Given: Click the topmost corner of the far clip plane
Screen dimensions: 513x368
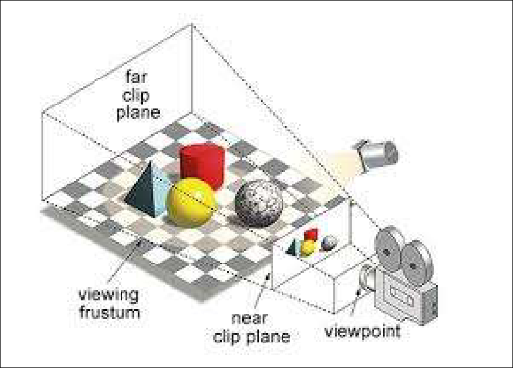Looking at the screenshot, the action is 191,24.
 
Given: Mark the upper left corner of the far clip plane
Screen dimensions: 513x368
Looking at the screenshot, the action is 42,113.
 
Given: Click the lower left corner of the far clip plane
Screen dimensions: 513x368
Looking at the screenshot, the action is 42,200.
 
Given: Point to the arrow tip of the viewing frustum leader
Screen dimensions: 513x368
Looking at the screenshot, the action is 141,240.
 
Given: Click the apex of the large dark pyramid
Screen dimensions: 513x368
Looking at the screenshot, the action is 150,162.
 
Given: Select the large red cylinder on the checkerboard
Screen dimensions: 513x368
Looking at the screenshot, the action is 203,167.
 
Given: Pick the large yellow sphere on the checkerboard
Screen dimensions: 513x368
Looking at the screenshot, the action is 192,202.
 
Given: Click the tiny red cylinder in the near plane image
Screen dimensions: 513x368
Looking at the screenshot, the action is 310,235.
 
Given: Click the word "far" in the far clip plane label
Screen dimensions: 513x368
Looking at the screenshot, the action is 137,77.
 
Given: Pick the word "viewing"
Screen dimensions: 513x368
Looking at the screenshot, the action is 109,296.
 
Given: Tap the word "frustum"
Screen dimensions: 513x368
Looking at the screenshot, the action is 110,313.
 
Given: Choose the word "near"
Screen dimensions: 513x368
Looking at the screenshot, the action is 250,318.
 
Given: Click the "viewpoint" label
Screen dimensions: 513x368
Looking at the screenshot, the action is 362,331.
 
